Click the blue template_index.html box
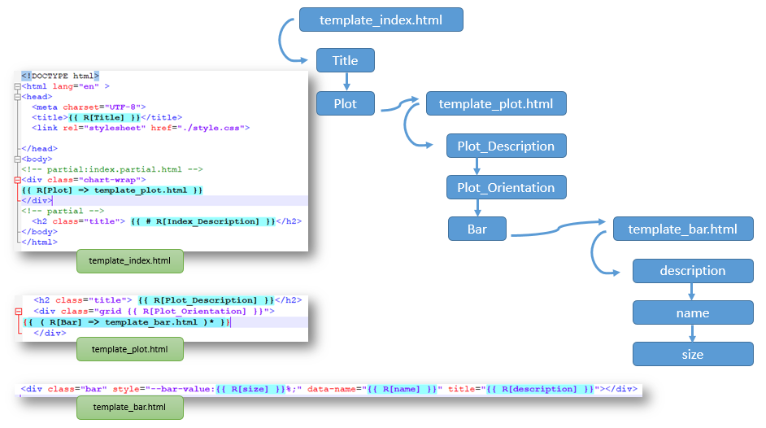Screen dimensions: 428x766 (x=381, y=20)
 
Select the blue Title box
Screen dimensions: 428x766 (x=346, y=61)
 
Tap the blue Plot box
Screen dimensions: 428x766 (x=346, y=103)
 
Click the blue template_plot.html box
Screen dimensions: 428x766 (x=496, y=104)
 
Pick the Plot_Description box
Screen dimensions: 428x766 (x=506, y=146)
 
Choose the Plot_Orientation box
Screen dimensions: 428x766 (x=506, y=188)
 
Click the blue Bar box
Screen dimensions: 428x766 (x=477, y=229)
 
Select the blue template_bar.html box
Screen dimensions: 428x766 (x=683, y=229)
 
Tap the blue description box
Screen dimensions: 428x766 (x=693, y=271)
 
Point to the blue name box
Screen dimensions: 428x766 (x=693, y=312)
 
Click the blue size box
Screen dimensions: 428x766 (x=693, y=354)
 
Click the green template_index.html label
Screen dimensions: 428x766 (x=129, y=261)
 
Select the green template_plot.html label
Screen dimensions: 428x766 (x=129, y=349)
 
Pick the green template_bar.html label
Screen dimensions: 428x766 (x=129, y=407)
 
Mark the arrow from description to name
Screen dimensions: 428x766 (x=693, y=291)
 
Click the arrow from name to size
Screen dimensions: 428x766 (x=693, y=333)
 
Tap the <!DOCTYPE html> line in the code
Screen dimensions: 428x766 (x=60, y=76)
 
